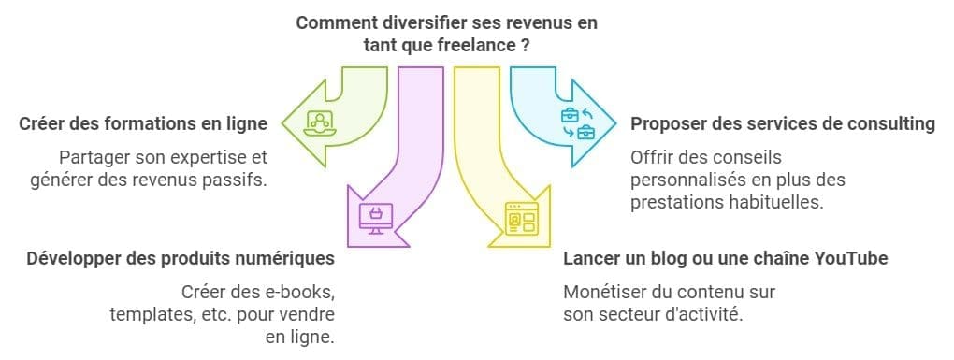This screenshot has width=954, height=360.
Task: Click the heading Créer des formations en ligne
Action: pos(141,123)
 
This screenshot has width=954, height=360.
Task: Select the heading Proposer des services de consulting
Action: pos(783,123)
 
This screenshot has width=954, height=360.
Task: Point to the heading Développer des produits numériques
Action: pos(181,257)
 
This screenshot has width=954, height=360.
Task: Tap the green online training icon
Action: pos(320,122)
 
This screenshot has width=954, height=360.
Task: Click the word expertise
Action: pos(203,157)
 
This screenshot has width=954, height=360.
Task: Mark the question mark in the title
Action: pos(526,43)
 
